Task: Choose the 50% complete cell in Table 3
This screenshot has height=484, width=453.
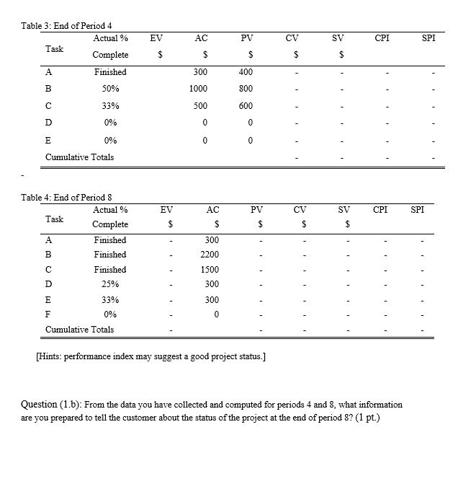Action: point(110,88)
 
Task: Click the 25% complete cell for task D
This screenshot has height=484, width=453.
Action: point(110,284)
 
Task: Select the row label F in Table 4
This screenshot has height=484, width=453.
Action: point(48,314)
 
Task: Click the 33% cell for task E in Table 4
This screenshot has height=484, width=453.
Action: point(110,299)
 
